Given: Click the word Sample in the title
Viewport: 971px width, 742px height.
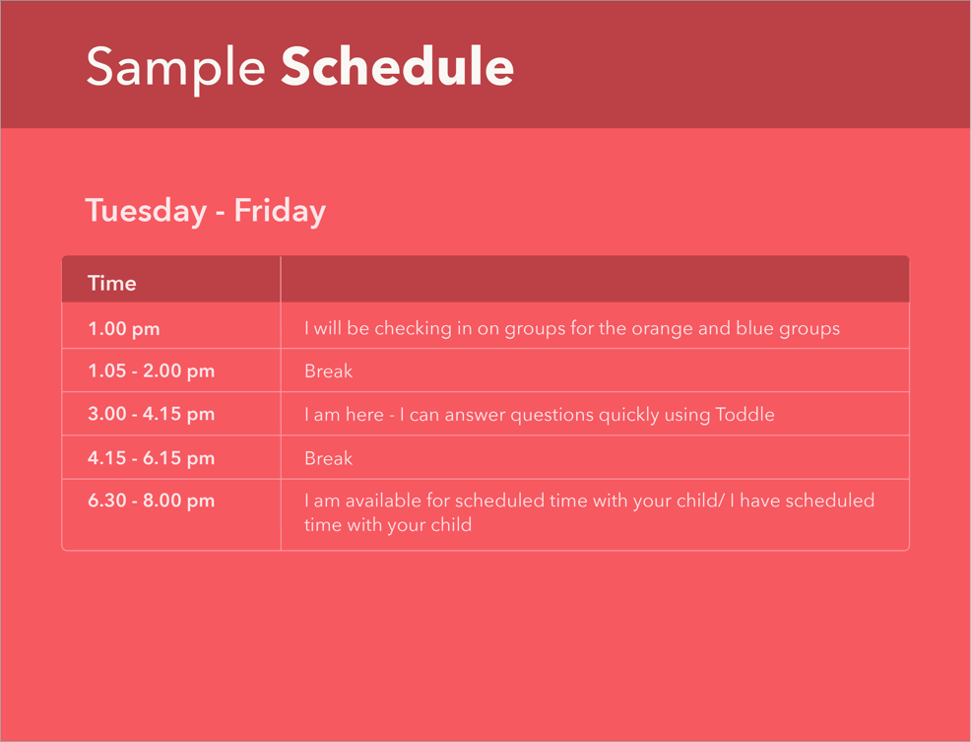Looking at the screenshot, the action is pyautogui.click(x=176, y=68).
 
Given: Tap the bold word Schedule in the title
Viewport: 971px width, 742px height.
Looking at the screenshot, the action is pyautogui.click(x=397, y=66).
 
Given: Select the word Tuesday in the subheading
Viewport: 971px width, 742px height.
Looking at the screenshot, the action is pyautogui.click(x=146, y=211).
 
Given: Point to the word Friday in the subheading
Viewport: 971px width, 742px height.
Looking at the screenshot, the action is pyautogui.click(x=280, y=211).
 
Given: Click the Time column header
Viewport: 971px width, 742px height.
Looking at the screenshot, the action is pyautogui.click(x=112, y=283).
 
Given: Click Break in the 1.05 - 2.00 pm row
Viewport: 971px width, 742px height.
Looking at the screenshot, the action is pyautogui.click(x=328, y=371).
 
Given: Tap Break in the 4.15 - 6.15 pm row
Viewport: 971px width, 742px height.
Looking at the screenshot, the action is pyautogui.click(x=328, y=458).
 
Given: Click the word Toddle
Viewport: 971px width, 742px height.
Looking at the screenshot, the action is pyautogui.click(x=744, y=414).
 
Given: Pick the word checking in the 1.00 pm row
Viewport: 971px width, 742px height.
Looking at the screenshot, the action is pyautogui.click(x=413, y=328).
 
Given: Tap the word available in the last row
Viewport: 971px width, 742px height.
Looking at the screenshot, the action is pyautogui.click(x=384, y=501).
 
